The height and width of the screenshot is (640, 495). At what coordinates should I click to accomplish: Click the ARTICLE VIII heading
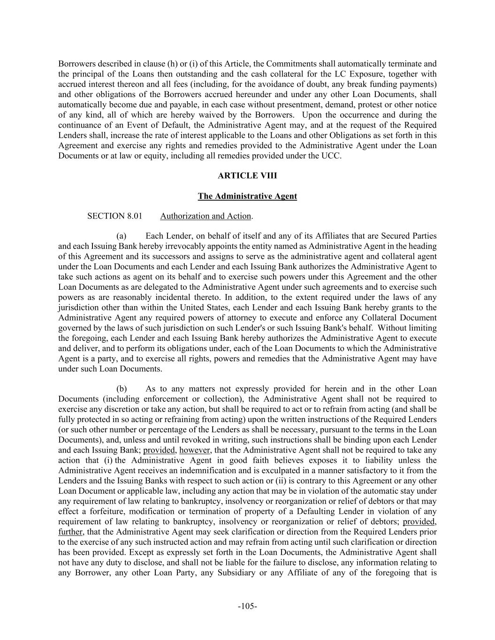[247, 176]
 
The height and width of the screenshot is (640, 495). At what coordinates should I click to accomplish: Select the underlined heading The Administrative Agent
[247, 196]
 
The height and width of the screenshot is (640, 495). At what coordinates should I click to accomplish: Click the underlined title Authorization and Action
[206, 216]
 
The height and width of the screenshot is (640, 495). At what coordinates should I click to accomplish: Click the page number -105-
[247, 606]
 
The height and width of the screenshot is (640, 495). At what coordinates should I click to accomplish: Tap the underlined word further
[70, 532]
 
